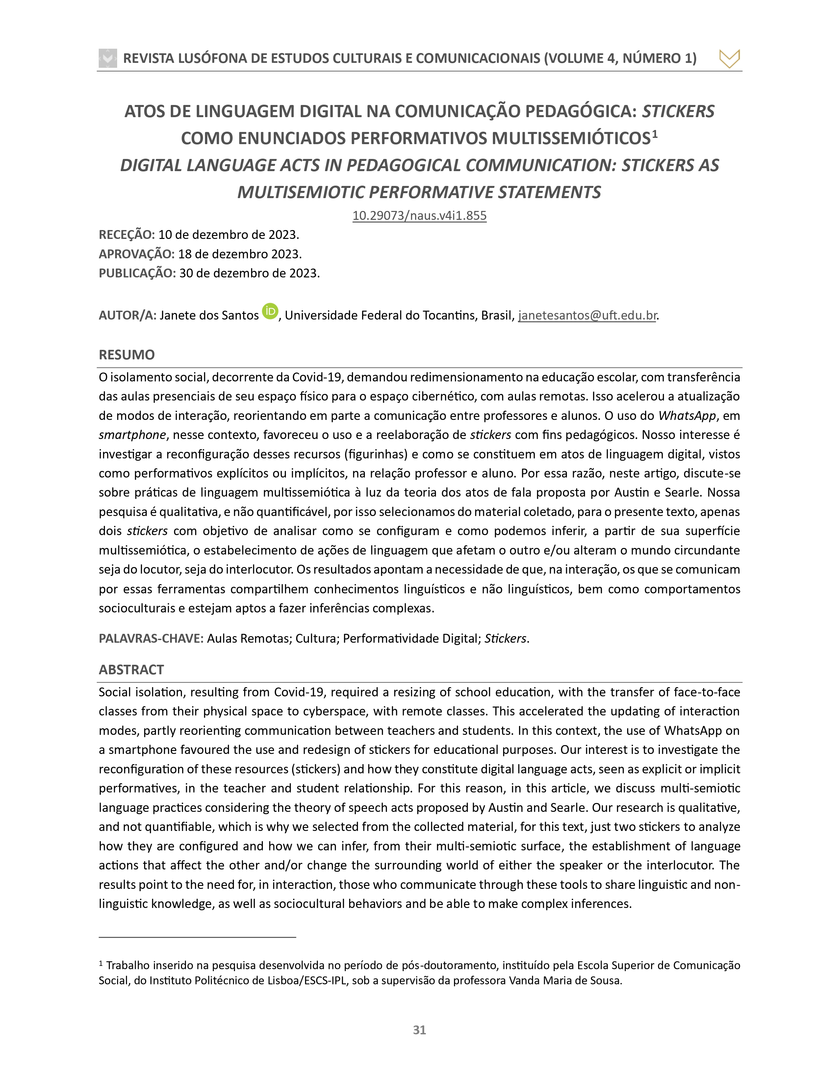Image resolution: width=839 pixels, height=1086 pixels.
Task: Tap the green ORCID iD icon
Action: [270, 311]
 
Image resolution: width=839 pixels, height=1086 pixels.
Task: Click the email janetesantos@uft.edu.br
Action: [587, 315]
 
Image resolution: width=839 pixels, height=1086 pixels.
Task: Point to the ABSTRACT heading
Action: [131, 670]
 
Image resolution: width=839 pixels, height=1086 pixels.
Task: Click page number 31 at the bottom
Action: [419, 1030]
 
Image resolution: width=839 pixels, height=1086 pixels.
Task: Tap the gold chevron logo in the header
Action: [729, 59]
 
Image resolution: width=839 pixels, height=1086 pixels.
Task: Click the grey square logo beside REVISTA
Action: [108, 58]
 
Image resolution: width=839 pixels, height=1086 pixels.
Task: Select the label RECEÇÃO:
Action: [127, 235]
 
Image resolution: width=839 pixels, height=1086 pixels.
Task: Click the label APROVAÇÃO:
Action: [137, 254]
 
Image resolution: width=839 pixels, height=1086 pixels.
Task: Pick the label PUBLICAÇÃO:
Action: [137, 273]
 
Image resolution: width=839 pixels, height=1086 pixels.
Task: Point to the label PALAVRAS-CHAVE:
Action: [151, 638]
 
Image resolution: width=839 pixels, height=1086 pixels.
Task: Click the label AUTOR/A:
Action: [128, 315]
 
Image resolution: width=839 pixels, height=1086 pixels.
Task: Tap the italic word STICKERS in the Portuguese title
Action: [678, 111]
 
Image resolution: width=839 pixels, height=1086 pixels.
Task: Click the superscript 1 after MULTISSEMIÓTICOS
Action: [655, 134]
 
